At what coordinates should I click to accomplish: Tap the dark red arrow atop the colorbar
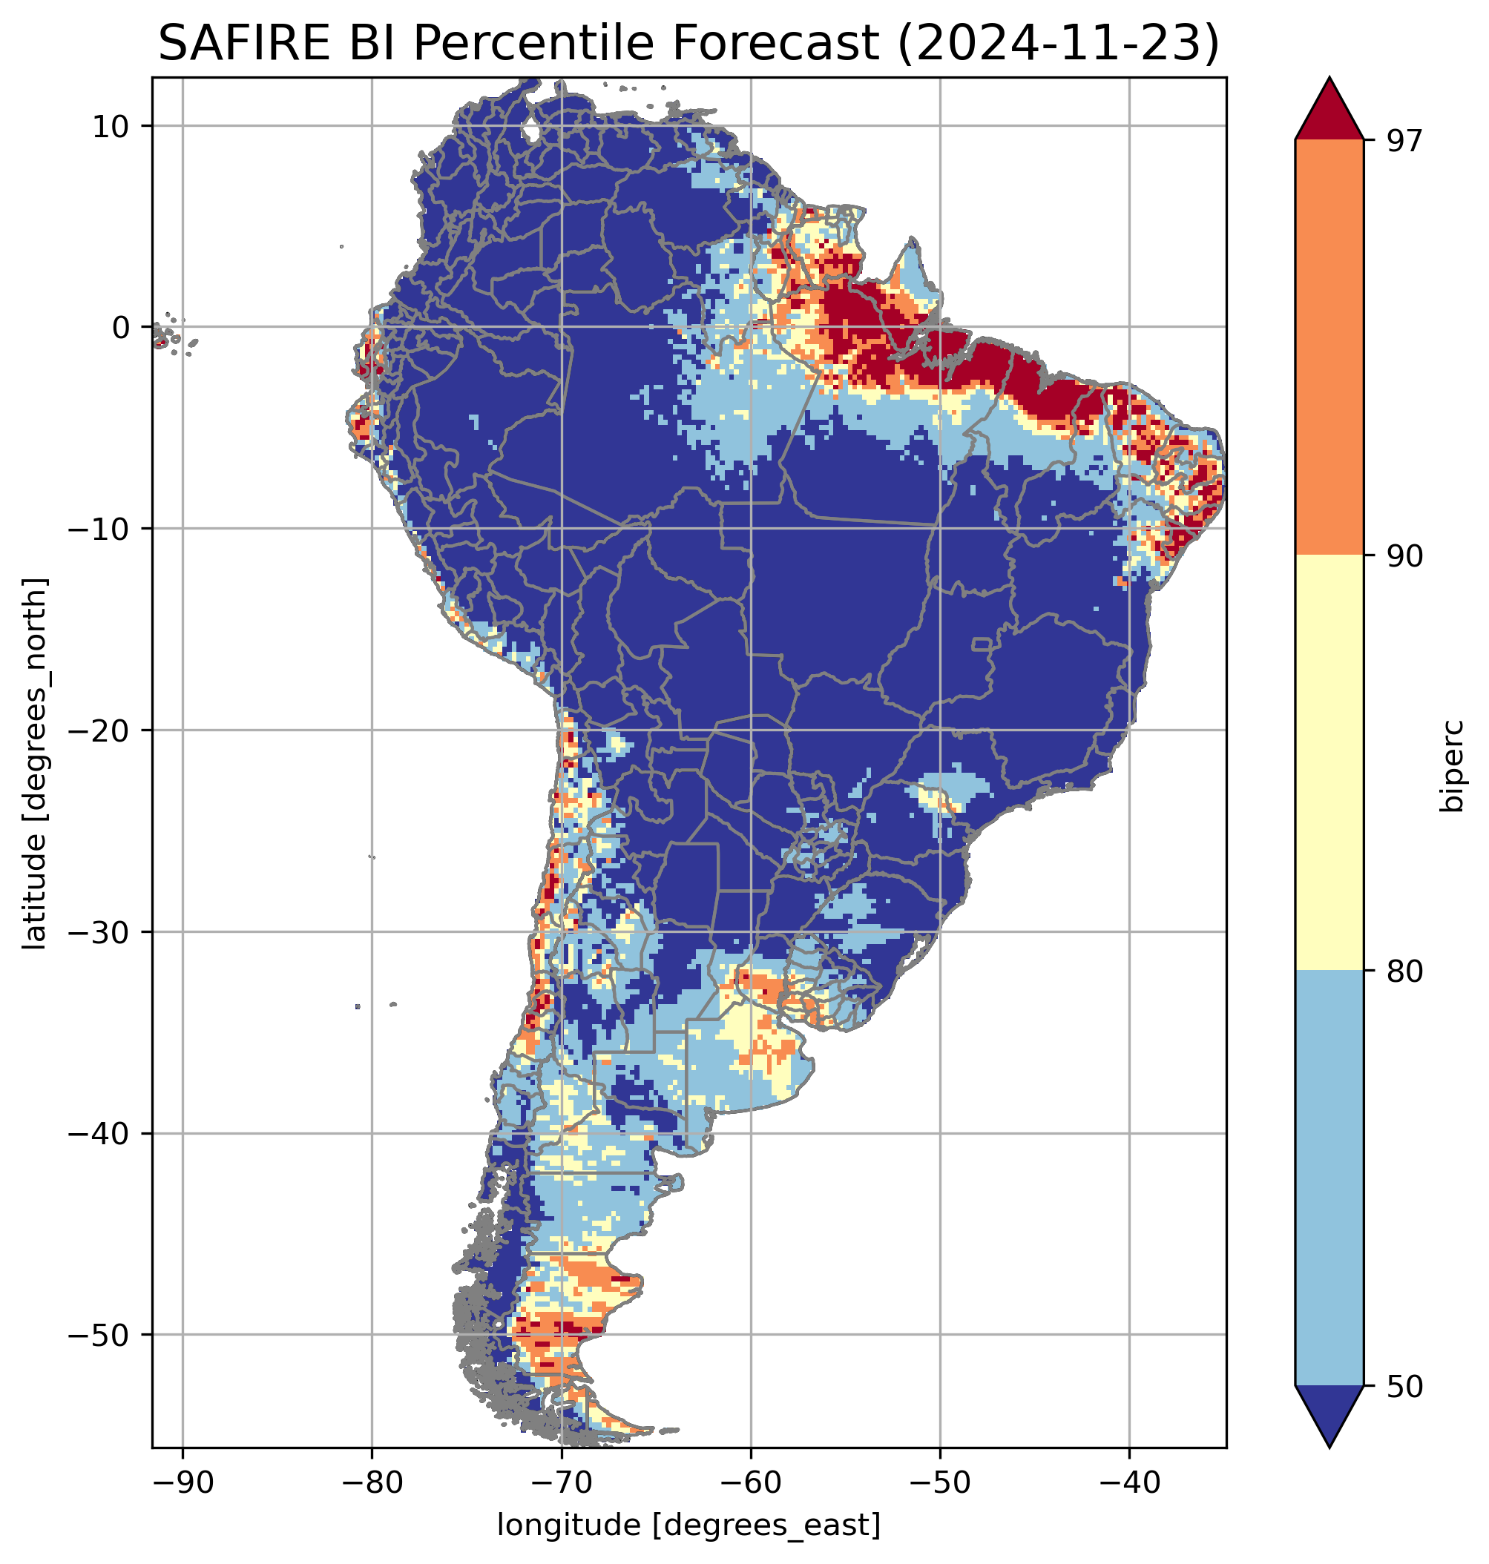[1329, 111]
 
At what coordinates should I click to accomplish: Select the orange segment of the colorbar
[1329, 348]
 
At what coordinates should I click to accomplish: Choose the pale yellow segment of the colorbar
[1329, 762]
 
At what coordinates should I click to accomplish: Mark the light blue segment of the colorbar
[1329, 1178]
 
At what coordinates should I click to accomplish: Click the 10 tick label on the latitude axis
[111, 126]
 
